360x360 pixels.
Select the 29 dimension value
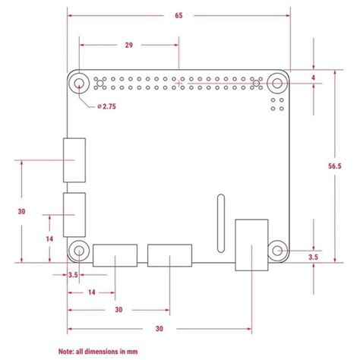click(x=130, y=46)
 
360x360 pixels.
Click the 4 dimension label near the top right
click(x=313, y=77)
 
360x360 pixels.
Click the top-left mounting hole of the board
click(x=79, y=84)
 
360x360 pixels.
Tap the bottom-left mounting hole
click(x=79, y=251)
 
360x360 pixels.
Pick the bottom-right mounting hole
click(x=278, y=251)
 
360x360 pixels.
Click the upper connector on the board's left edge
click(x=74, y=160)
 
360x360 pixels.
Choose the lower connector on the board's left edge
click(x=74, y=216)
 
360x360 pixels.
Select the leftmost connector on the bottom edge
click(x=115, y=254)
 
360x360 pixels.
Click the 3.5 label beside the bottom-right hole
click(x=313, y=258)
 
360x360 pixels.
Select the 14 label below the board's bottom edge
click(x=91, y=292)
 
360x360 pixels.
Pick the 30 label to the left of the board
click(x=22, y=212)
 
